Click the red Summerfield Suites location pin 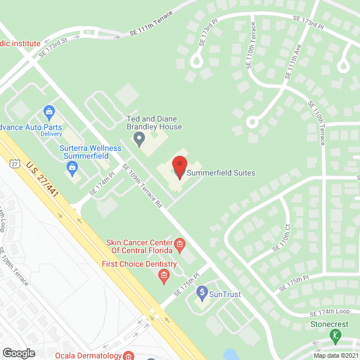179,166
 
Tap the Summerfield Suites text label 220,173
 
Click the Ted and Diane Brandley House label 154,123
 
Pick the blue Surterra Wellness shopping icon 72,166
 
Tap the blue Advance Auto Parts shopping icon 49,111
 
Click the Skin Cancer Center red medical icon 179,244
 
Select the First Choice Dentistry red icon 164,275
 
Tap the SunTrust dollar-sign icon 202,292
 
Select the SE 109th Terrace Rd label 142,186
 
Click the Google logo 19,353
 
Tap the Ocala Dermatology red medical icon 129,356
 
